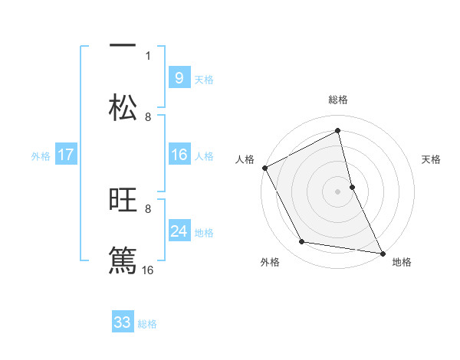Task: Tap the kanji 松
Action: point(123,107)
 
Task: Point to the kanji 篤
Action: point(123,258)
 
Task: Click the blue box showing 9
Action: point(179,77)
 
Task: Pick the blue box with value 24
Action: point(179,231)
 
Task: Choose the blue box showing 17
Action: point(66,155)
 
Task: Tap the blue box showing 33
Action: point(123,322)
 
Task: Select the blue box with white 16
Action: point(179,155)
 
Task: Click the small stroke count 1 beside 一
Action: point(148,55)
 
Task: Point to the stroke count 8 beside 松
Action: point(148,116)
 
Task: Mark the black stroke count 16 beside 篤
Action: point(148,270)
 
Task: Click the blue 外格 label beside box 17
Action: point(41,155)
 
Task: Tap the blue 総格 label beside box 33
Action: point(147,323)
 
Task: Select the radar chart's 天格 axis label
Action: point(432,159)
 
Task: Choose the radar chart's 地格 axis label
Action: point(402,262)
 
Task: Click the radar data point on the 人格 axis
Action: point(264,168)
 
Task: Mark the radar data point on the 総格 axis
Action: point(338,130)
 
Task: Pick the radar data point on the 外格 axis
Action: point(302,242)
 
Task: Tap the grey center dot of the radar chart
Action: point(338,191)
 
